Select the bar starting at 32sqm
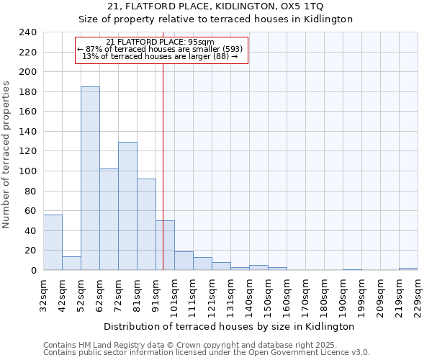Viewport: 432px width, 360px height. click(53, 242)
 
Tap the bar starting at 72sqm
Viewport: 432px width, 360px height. click(127, 206)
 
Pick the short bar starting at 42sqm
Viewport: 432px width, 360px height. click(71, 263)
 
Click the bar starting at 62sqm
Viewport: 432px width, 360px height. click(109, 220)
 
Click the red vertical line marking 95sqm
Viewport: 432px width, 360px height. click(163, 166)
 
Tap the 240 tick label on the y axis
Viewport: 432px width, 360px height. click(27, 32)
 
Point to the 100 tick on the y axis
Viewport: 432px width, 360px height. click(27, 171)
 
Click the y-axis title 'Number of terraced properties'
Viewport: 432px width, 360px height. click(6, 154)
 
